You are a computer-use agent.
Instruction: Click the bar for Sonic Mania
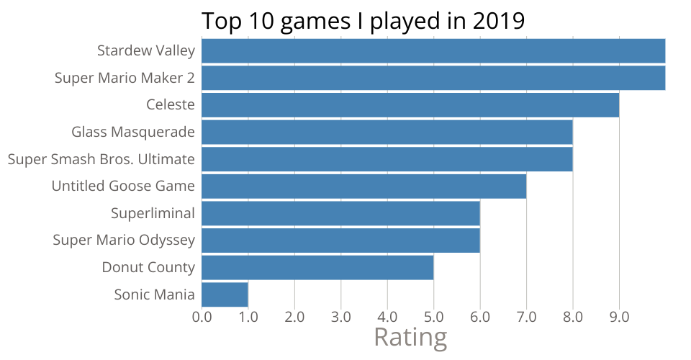[x=225, y=294]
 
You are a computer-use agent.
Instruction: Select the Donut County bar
[x=317, y=267]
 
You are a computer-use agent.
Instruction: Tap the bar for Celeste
[x=410, y=104]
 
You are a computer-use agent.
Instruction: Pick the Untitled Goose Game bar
[x=363, y=186]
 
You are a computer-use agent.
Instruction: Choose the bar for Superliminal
[x=340, y=213]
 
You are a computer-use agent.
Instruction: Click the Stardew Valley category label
[x=146, y=50]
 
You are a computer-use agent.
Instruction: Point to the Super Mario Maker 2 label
[x=125, y=78]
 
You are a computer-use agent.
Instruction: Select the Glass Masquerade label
[x=133, y=132]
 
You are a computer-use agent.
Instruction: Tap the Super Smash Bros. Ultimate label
[x=101, y=159]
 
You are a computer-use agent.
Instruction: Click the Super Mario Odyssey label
[x=124, y=240]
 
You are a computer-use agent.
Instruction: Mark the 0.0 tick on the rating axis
[x=202, y=316]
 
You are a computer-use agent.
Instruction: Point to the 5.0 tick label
[x=433, y=316]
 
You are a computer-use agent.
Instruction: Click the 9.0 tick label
[x=619, y=316]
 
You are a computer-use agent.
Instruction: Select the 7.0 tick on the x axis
[x=526, y=316]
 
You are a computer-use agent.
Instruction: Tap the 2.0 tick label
[x=294, y=316]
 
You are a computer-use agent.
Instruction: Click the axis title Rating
[x=410, y=338]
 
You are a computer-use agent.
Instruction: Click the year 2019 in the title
[x=499, y=21]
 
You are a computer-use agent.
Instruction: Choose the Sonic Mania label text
[x=154, y=294]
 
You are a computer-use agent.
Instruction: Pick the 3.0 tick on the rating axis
[x=340, y=316]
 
